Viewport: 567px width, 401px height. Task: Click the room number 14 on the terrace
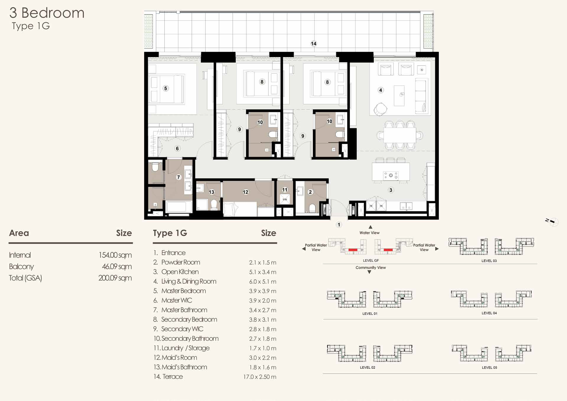(x=313, y=44)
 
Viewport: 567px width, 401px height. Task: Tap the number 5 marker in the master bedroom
(x=165, y=88)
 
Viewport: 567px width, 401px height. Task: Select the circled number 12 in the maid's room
(x=246, y=192)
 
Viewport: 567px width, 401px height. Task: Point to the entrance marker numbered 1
(x=339, y=225)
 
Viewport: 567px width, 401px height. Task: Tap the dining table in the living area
(x=400, y=135)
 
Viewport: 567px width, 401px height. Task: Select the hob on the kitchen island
(x=391, y=176)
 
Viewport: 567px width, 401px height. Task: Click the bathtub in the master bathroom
(x=179, y=207)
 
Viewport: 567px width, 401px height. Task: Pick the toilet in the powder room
(x=312, y=208)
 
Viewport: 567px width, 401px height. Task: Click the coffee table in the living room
(x=399, y=95)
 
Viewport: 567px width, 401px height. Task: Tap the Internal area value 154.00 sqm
(x=115, y=255)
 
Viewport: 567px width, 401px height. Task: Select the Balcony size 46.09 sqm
(x=117, y=267)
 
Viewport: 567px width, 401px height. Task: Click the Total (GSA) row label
(x=25, y=278)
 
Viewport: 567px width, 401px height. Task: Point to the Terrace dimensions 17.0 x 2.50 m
(x=260, y=377)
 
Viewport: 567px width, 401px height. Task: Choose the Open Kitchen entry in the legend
(x=180, y=272)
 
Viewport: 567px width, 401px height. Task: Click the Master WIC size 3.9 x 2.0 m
(x=263, y=301)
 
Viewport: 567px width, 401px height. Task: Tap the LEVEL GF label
(x=371, y=261)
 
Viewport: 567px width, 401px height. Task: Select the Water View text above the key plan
(x=369, y=233)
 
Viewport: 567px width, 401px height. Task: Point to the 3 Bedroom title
(x=47, y=13)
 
